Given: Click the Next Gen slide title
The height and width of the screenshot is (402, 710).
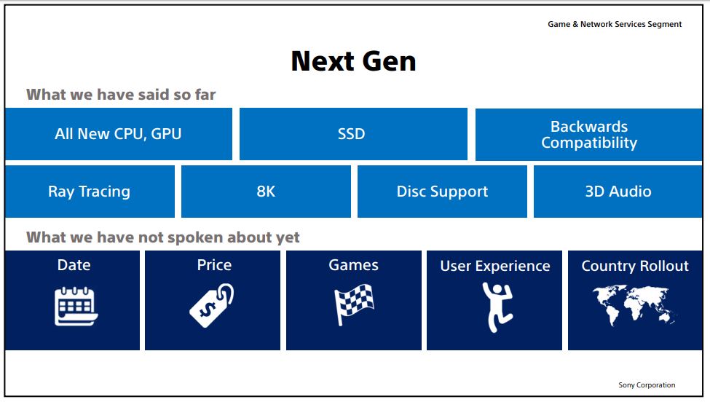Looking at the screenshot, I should pyautogui.click(x=353, y=61).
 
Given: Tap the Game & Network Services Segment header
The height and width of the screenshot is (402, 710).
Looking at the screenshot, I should pyautogui.click(x=615, y=24).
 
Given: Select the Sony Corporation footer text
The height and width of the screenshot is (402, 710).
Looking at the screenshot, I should pyautogui.click(x=647, y=385).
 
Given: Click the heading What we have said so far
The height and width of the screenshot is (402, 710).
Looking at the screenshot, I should pyautogui.click(x=121, y=95).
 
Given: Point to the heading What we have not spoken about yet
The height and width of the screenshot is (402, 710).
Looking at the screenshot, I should pyautogui.click(x=163, y=237).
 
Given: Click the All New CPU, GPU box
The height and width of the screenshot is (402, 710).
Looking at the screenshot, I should pyautogui.click(x=118, y=134).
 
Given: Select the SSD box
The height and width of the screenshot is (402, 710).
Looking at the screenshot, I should pyautogui.click(x=352, y=134).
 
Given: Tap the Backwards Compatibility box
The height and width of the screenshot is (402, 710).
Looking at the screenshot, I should pyautogui.click(x=588, y=135).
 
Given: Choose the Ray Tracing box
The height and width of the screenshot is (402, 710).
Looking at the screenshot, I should pyautogui.click(x=89, y=192).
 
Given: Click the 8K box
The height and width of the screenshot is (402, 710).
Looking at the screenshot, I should pyautogui.click(x=266, y=192).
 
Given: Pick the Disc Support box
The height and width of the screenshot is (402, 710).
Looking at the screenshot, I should pyautogui.click(x=442, y=192).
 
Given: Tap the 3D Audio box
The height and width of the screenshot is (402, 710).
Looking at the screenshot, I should pyautogui.click(x=618, y=192).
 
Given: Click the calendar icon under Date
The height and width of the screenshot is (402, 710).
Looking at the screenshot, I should pyautogui.click(x=76, y=306).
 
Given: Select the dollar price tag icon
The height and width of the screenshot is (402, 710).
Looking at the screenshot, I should pyautogui.click(x=212, y=305).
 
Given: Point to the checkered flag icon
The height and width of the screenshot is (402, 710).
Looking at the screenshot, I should pyautogui.click(x=353, y=304).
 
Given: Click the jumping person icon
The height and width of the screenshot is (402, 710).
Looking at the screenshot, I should pyautogui.click(x=497, y=306).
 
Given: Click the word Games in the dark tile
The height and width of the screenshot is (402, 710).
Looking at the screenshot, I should pyautogui.click(x=353, y=266).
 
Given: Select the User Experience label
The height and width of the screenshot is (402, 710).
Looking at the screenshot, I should pyautogui.click(x=494, y=267).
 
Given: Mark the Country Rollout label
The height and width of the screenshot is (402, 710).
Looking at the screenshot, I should pyautogui.click(x=634, y=267).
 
